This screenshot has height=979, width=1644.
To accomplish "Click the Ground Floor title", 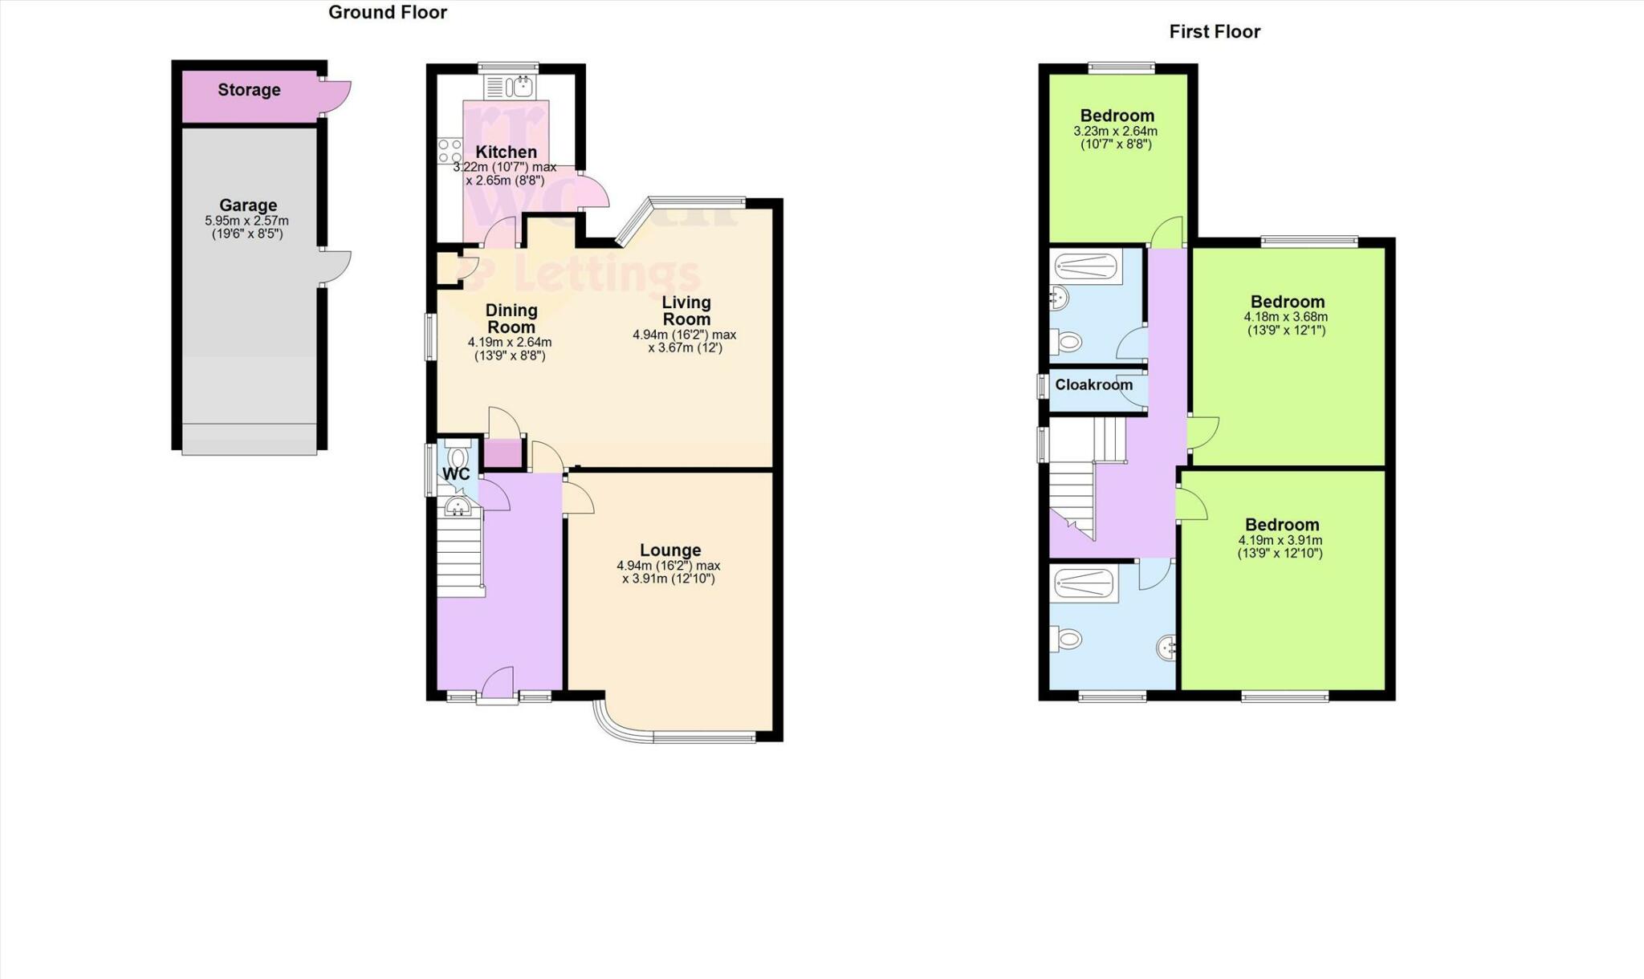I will (x=387, y=12).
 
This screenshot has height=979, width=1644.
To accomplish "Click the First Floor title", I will (x=1214, y=31).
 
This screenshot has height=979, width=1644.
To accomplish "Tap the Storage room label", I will (x=249, y=90).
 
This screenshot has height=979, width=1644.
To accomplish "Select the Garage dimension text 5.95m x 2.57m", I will (x=246, y=221).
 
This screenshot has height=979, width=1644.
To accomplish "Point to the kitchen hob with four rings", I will (x=450, y=151).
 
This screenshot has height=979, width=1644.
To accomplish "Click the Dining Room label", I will (x=511, y=319).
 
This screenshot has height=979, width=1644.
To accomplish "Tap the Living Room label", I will (x=686, y=311).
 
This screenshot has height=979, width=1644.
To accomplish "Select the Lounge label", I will (x=669, y=550).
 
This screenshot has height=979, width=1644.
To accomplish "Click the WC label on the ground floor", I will (x=456, y=474).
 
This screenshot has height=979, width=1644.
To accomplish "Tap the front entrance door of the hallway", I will (x=498, y=684).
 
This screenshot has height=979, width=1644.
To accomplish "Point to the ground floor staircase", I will (x=460, y=554).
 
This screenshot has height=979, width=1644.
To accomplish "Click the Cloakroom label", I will (x=1093, y=385).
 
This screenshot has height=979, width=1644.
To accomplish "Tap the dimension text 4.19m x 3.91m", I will (x=1280, y=540).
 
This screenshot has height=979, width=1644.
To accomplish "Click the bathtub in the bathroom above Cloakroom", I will (x=1086, y=266).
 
